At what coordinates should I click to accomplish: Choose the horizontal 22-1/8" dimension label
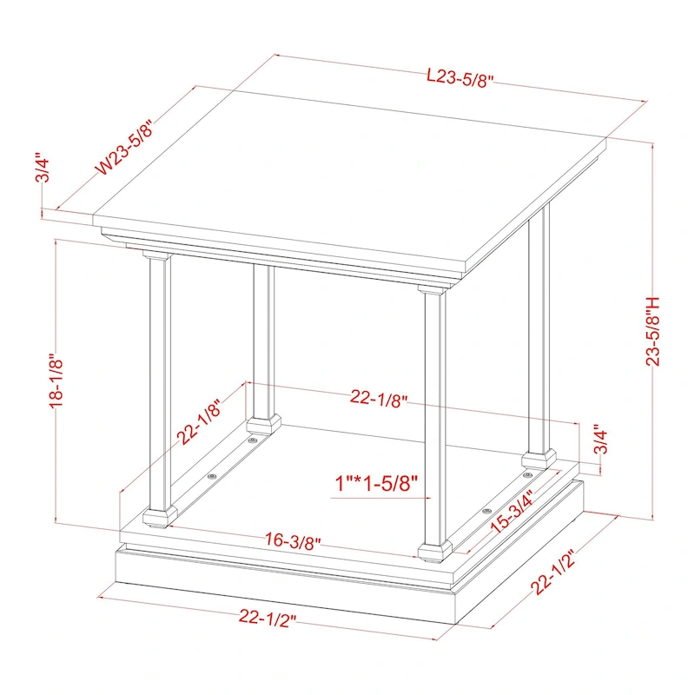click(379, 398)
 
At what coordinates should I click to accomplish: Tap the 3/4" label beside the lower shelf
click(599, 440)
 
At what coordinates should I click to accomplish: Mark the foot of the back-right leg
click(539, 457)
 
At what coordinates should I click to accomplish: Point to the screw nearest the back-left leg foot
click(252, 441)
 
